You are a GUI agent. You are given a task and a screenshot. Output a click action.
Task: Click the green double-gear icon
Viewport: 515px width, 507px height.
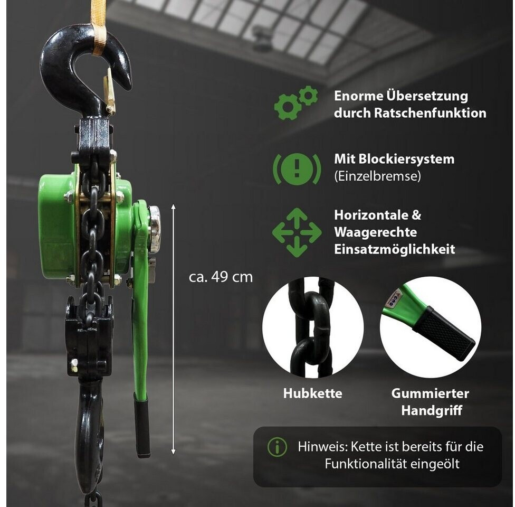(295, 102)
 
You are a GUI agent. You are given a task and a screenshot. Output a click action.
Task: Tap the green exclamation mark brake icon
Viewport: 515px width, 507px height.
(297, 169)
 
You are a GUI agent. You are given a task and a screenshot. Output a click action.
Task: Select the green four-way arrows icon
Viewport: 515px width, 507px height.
(297, 232)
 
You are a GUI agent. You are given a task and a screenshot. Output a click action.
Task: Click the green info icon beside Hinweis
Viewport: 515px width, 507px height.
(277, 447)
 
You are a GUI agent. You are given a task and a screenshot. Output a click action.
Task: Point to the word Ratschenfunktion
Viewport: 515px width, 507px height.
(430, 113)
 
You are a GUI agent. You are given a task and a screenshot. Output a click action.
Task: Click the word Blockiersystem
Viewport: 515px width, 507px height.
(406, 159)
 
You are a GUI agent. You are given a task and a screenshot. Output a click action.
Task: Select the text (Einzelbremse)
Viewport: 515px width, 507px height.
(377, 176)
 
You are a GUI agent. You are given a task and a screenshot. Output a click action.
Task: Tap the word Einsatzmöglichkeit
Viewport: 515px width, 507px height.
(395, 249)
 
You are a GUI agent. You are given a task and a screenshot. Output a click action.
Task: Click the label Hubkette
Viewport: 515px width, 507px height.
(313, 393)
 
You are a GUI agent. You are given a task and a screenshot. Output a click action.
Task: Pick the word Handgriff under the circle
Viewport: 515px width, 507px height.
(432, 410)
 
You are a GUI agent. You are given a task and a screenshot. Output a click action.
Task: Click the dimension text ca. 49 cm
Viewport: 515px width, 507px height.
(221, 277)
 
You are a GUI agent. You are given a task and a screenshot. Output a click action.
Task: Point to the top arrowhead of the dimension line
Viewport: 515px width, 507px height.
(173, 206)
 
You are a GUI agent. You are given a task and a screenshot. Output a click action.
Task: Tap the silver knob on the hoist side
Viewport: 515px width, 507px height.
(155, 229)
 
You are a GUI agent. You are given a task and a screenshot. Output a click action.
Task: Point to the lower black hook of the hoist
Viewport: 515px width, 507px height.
(89, 434)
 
